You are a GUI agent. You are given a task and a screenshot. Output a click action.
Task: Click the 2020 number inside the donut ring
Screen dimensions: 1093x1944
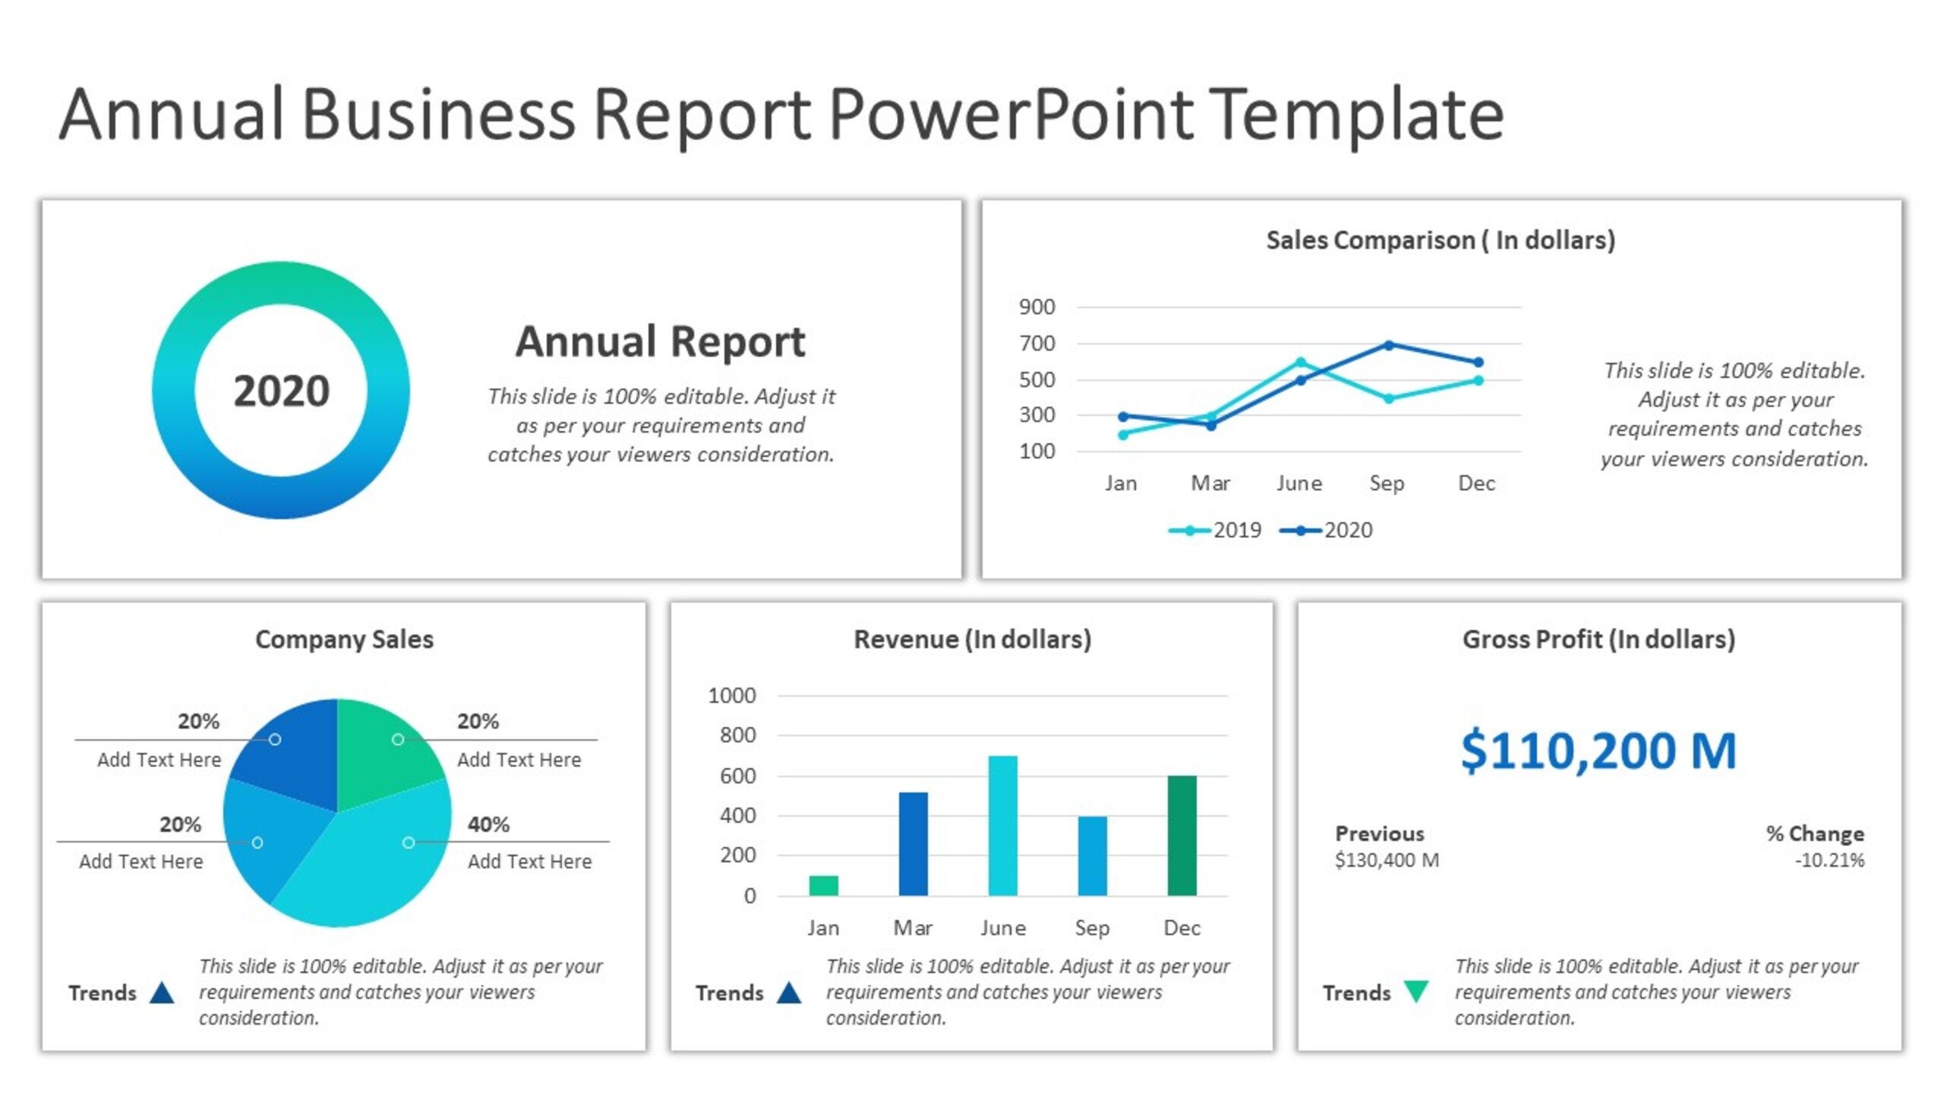281,391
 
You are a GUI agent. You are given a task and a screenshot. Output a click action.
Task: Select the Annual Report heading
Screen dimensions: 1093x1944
660,342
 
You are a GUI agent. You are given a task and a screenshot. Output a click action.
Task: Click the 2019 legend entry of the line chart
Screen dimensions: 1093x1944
1215,530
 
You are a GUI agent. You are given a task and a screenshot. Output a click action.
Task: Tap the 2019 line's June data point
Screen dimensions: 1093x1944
1300,363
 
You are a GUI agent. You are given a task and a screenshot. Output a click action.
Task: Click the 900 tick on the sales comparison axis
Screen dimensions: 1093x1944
1037,307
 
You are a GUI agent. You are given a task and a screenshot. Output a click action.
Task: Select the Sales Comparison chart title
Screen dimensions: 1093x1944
1440,240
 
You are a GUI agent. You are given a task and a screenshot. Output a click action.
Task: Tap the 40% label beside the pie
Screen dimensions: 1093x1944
488,824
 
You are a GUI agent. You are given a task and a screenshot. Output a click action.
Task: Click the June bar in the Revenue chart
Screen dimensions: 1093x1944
1002,826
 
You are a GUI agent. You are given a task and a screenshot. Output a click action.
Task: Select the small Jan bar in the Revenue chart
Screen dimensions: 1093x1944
823,886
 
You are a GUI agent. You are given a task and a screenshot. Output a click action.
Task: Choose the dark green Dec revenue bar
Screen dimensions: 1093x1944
1182,835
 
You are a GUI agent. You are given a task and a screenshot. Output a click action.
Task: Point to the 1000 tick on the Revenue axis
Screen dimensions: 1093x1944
731,695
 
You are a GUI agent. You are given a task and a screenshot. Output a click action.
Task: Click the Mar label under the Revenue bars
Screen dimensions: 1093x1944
912,928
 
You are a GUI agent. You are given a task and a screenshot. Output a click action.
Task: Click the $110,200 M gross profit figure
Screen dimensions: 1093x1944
1598,750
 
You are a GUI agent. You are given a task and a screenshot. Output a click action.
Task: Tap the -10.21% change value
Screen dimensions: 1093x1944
1829,860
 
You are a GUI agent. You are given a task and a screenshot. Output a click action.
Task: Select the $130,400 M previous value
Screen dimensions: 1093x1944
1387,860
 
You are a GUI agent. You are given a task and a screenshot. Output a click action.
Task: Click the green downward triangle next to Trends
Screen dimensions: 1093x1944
1416,990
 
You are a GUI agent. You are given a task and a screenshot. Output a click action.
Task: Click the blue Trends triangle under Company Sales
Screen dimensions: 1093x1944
162,993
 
